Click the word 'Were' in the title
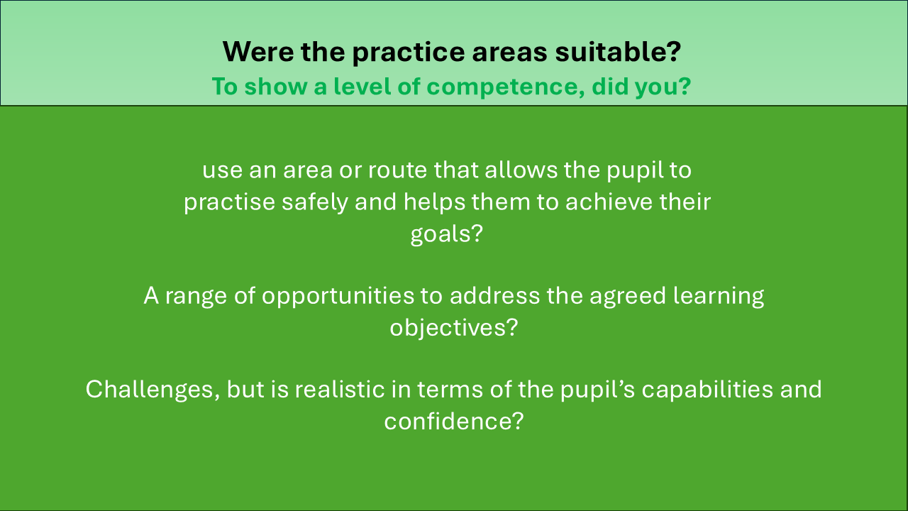[x=258, y=52]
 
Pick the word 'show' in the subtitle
[x=276, y=86]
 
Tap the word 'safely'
[x=315, y=202]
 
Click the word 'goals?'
[x=447, y=234]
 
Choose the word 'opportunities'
[x=338, y=296]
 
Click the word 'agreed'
[x=628, y=296]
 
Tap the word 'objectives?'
[x=454, y=327]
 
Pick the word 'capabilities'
[x=707, y=390]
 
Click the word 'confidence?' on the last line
[x=454, y=421]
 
